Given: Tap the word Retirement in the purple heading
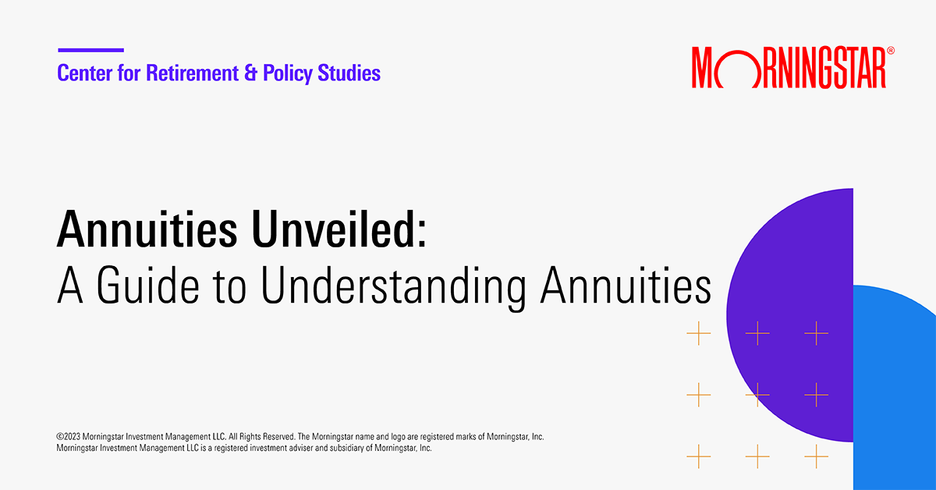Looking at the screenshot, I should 180,74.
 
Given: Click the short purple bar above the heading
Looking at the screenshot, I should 90,50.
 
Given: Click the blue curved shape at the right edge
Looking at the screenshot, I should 897,390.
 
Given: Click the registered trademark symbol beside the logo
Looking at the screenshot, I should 891,51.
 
